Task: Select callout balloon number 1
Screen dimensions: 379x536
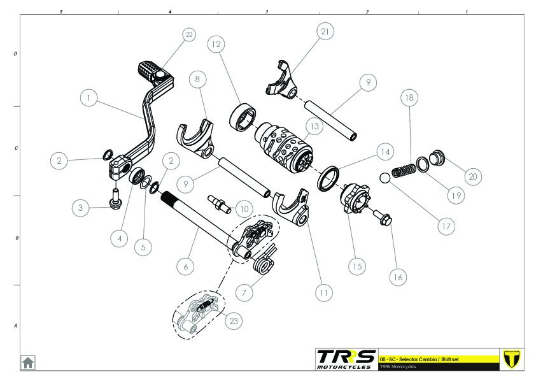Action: (90, 98)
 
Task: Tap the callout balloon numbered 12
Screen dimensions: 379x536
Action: (216, 44)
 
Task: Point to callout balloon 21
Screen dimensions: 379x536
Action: (325, 31)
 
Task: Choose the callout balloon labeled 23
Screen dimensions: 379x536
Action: (234, 321)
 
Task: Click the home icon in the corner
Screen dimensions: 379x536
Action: (28, 362)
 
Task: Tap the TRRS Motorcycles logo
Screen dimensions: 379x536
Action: (346, 359)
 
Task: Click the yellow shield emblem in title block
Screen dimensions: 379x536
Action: (511, 359)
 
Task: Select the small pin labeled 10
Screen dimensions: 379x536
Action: (218, 202)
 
